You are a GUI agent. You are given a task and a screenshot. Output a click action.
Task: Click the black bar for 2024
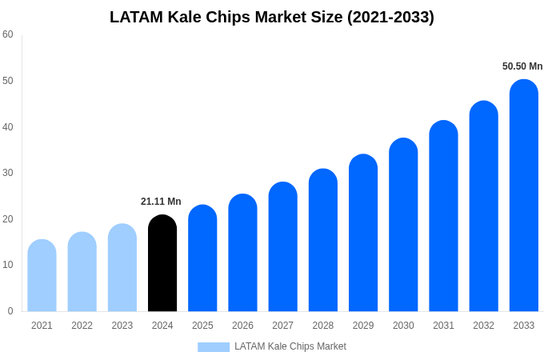click(162, 263)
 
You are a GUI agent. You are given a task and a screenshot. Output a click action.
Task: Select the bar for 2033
click(523, 195)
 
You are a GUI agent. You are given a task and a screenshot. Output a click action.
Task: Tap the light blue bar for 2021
click(42, 275)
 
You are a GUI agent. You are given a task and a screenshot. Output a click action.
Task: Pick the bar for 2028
click(322, 240)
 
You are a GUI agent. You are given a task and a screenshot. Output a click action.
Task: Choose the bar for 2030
click(403, 225)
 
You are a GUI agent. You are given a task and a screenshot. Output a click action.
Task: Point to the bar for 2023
click(122, 267)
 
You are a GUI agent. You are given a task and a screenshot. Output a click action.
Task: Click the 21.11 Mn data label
click(161, 202)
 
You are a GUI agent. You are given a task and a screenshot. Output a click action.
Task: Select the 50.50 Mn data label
click(522, 66)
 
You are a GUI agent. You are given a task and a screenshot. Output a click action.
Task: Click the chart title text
click(272, 17)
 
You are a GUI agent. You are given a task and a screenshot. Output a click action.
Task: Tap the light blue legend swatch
click(214, 347)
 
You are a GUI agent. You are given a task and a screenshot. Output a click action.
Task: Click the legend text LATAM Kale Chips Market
click(290, 346)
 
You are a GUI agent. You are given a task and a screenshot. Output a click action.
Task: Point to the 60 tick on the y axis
click(8, 34)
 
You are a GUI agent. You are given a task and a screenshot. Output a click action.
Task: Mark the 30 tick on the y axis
click(8, 173)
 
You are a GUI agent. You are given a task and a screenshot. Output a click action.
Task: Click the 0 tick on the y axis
click(10, 311)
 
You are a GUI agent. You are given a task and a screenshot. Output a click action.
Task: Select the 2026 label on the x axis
click(242, 326)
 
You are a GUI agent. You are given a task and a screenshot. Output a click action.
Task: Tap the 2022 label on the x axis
click(82, 326)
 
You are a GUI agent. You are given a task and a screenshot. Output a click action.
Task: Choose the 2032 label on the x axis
click(483, 326)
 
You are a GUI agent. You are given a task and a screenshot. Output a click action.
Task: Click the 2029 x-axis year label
click(363, 326)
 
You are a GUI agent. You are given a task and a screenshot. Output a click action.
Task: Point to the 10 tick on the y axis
click(8, 265)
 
